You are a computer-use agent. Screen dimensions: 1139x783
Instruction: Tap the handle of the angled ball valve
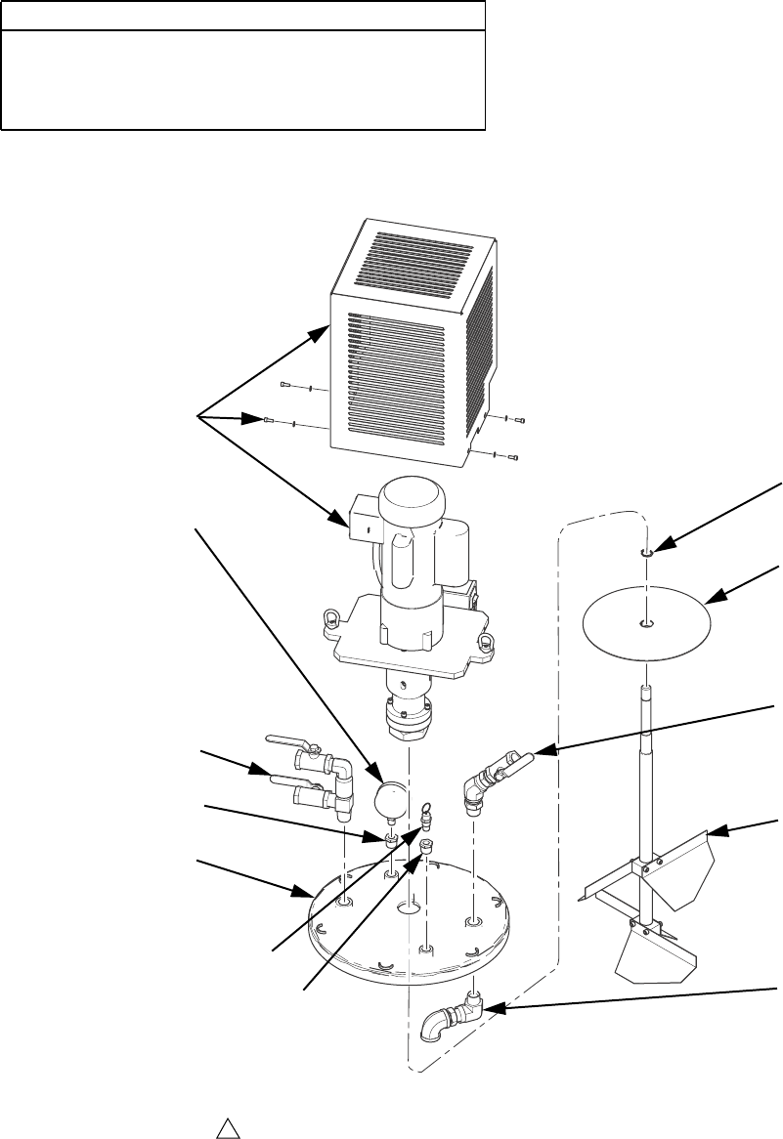518,757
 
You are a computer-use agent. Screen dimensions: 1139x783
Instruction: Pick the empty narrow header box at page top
243,16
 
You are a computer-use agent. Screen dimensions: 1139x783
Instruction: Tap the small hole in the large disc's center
647,622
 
